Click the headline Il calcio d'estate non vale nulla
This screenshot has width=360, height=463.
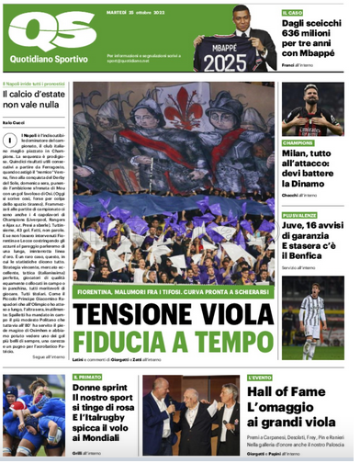click(33, 101)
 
